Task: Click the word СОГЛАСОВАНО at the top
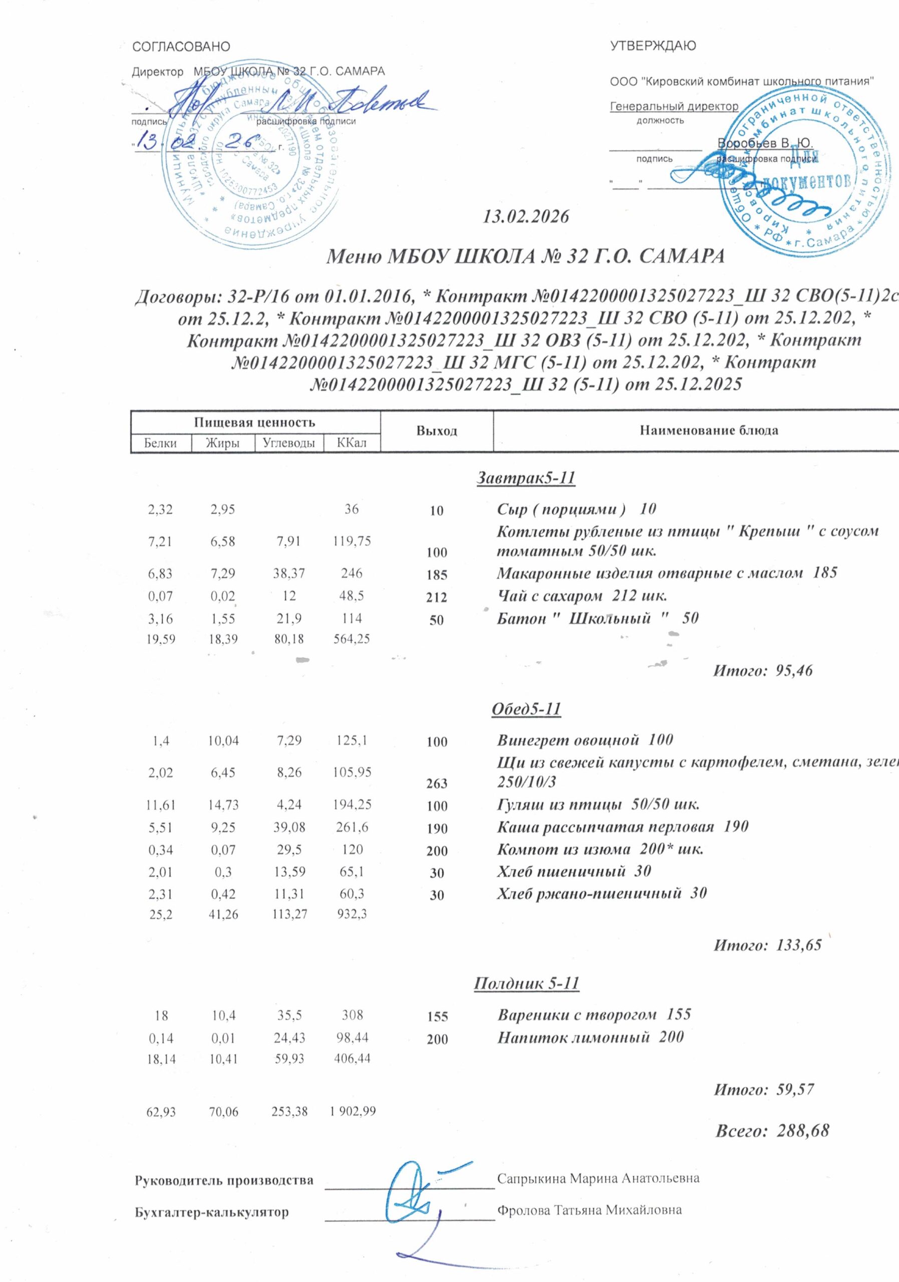(x=181, y=47)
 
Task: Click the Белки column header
(x=160, y=443)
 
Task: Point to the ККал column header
(x=352, y=443)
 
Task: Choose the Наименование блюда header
(x=709, y=431)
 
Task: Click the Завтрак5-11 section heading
(x=525, y=479)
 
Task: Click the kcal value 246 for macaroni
(x=352, y=573)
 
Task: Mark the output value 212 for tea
(x=437, y=597)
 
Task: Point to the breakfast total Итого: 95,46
(x=763, y=670)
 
